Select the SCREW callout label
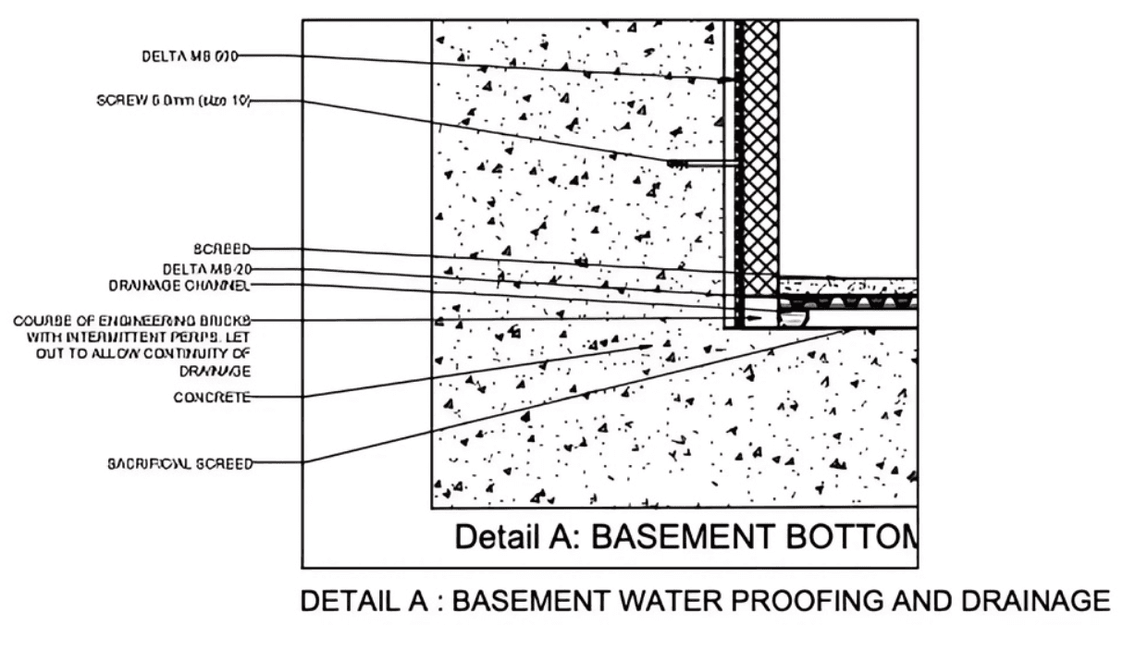coord(174,101)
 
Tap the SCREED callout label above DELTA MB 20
coord(221,249)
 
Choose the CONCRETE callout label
coord(212,398)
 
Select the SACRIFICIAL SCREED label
coord(179,464)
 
